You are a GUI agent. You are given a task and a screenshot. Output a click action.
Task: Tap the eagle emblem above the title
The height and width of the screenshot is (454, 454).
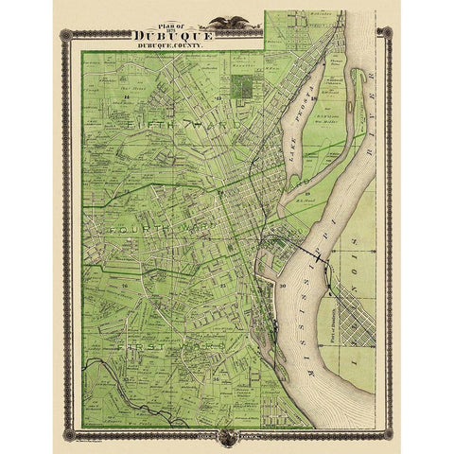point(225,20)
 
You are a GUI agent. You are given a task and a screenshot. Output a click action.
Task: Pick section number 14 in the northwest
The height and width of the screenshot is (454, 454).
point(125,96)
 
